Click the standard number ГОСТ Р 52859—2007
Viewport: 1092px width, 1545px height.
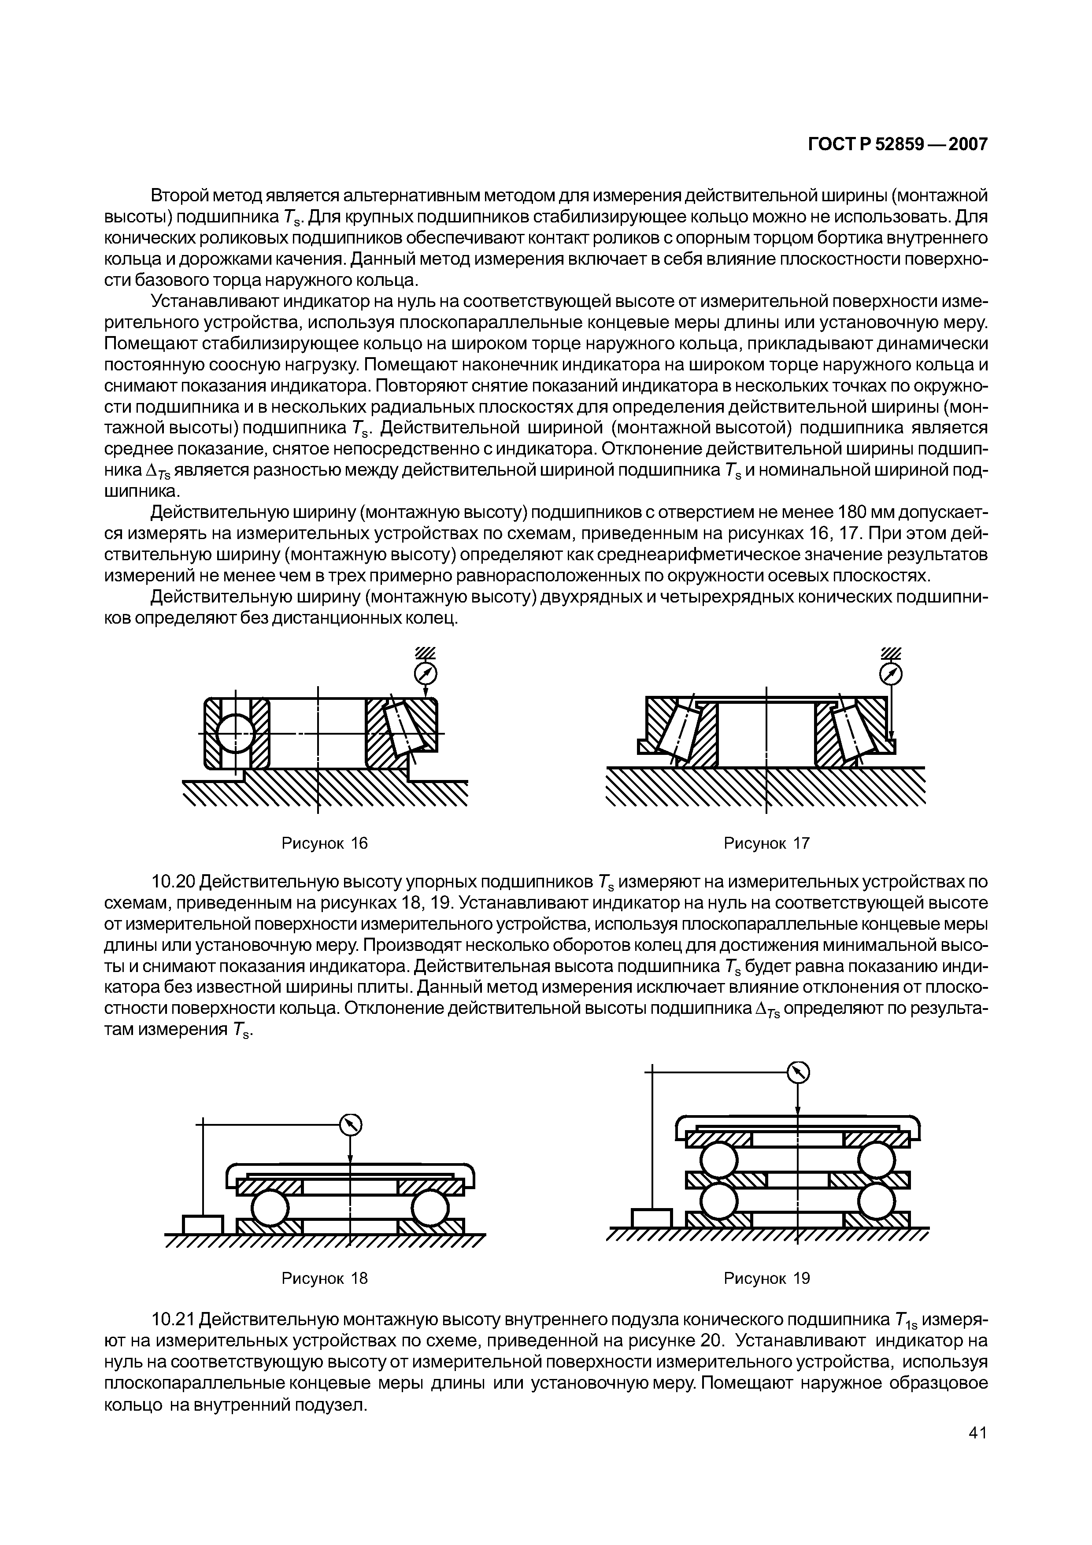(x=897, y=144)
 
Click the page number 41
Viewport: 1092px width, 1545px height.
(x=977, y=1452)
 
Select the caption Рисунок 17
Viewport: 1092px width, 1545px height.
(x=766, y=843)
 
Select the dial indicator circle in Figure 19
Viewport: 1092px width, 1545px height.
(x=798, y=1071)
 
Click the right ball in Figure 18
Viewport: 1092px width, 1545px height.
(x=429, y=1208)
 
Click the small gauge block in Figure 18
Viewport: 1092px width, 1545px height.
(x=203, y=1224)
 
